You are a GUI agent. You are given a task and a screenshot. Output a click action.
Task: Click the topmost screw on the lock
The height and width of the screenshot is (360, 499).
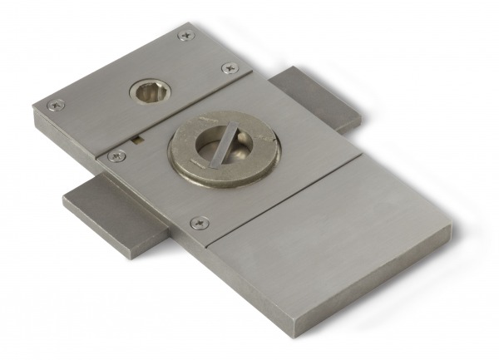(185, 35)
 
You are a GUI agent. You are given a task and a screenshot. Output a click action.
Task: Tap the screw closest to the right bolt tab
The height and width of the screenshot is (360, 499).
(229, 68)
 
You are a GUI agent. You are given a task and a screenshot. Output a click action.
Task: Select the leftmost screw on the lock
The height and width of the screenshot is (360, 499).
(56, 105)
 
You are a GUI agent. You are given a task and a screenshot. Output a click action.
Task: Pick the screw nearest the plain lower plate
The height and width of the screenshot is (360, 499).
(199, 223)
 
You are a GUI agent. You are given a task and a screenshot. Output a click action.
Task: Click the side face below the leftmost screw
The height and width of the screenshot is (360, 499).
(58, 129)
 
